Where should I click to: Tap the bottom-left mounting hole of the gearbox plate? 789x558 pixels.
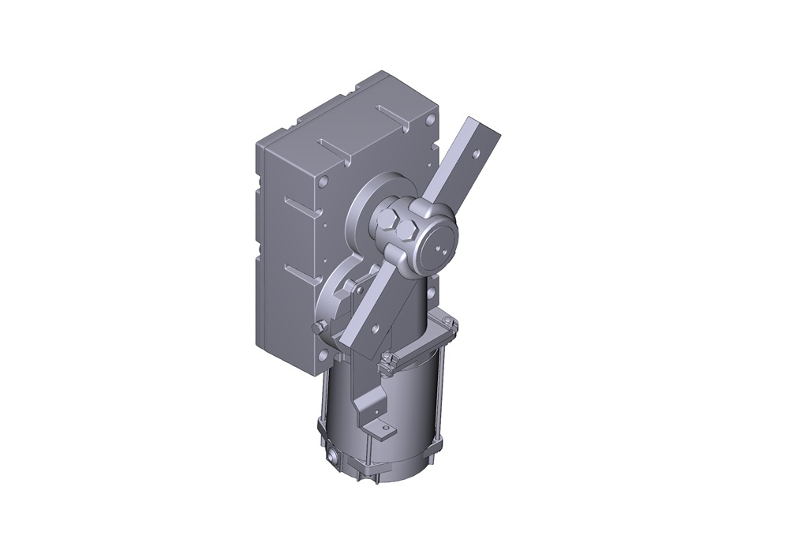[x=323, y=358]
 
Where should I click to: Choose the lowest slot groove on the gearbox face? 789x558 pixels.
[x=303, y=272]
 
